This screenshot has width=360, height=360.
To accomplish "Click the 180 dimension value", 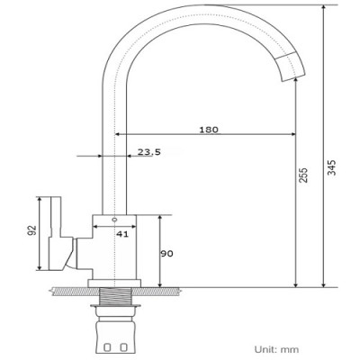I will click(208, 130).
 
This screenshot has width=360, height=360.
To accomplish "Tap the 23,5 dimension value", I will click(149, 152).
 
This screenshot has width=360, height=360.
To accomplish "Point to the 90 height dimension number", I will click(166, 253).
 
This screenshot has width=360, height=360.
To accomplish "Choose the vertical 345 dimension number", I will click(332, 169).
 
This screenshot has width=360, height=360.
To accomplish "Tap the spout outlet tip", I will click(295, 76).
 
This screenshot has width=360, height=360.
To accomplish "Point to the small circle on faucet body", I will click(114, 220).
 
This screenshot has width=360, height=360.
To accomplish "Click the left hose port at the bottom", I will click(106, 346).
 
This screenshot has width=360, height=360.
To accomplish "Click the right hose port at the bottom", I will click(121, 346).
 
